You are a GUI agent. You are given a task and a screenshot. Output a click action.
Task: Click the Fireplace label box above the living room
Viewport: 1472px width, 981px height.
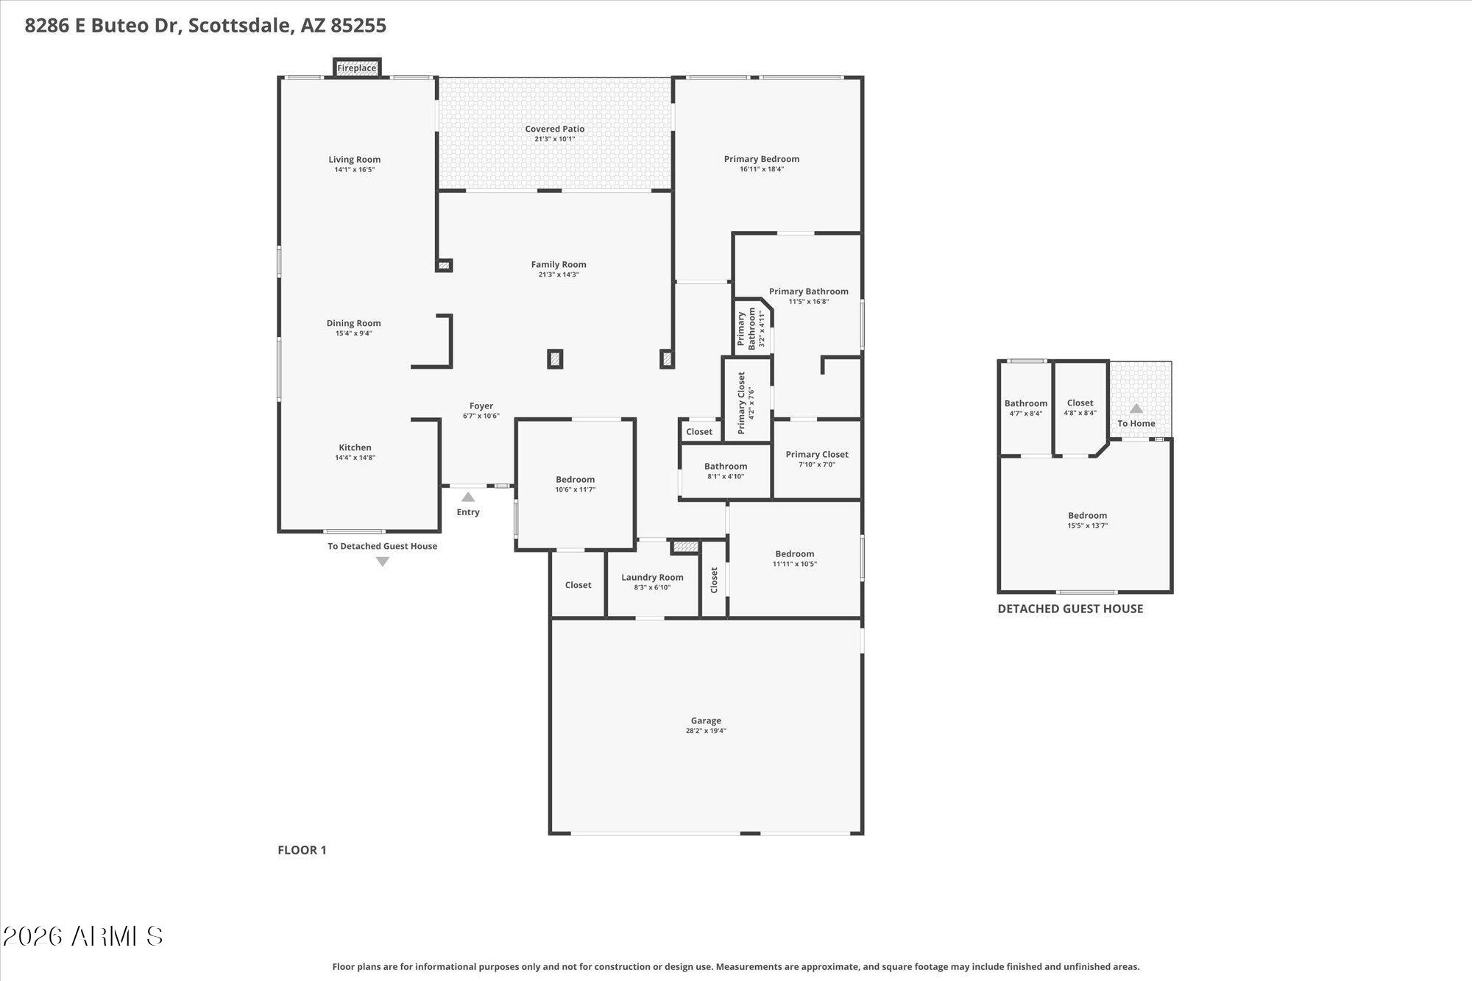tap(357, 68)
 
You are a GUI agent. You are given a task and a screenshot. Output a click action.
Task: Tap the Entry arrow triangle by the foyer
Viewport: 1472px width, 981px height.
tap(468, 497)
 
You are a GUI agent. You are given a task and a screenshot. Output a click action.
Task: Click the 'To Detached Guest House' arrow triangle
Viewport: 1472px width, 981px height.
tap(383, 562)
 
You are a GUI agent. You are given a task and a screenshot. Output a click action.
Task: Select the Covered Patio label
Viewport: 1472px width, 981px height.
tap(554, 129)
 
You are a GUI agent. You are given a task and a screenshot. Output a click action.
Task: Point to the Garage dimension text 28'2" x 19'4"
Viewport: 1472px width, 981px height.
tap(706, 731)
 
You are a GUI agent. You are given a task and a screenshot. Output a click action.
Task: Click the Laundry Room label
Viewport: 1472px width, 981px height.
tap(652, 577)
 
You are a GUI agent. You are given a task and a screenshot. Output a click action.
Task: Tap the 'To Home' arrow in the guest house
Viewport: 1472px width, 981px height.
tap(1136, 408)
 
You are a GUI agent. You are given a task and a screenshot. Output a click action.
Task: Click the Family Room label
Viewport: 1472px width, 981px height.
tap(559, 264)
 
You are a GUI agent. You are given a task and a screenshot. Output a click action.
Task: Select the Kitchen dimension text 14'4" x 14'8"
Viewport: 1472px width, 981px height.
tap(355, 458)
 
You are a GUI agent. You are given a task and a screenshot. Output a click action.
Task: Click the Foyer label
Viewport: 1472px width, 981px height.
tap(481, 405)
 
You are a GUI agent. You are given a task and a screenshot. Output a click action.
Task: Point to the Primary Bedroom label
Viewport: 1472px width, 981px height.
tap(761, 159)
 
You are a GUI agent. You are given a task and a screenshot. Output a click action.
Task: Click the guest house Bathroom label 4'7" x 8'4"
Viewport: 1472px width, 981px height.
tap(1025, 403)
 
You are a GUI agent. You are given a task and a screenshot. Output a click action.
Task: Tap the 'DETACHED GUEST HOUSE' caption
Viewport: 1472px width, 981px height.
tap(1070, 609)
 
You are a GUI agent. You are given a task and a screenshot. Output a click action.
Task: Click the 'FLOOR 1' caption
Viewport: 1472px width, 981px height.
tap(302, 850)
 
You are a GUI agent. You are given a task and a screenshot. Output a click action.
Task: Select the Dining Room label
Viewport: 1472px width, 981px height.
tap(353, 323)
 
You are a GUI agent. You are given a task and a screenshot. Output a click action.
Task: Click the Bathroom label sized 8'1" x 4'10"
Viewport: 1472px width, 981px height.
tap(726, 466)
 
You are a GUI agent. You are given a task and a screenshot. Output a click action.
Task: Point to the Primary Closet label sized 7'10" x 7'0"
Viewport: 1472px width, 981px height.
tap(816, 454)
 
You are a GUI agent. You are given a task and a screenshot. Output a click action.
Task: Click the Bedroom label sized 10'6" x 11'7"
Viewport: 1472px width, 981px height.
tap(575, 479)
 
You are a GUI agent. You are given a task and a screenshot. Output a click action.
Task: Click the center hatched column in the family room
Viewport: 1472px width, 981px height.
tap(555, 359)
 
